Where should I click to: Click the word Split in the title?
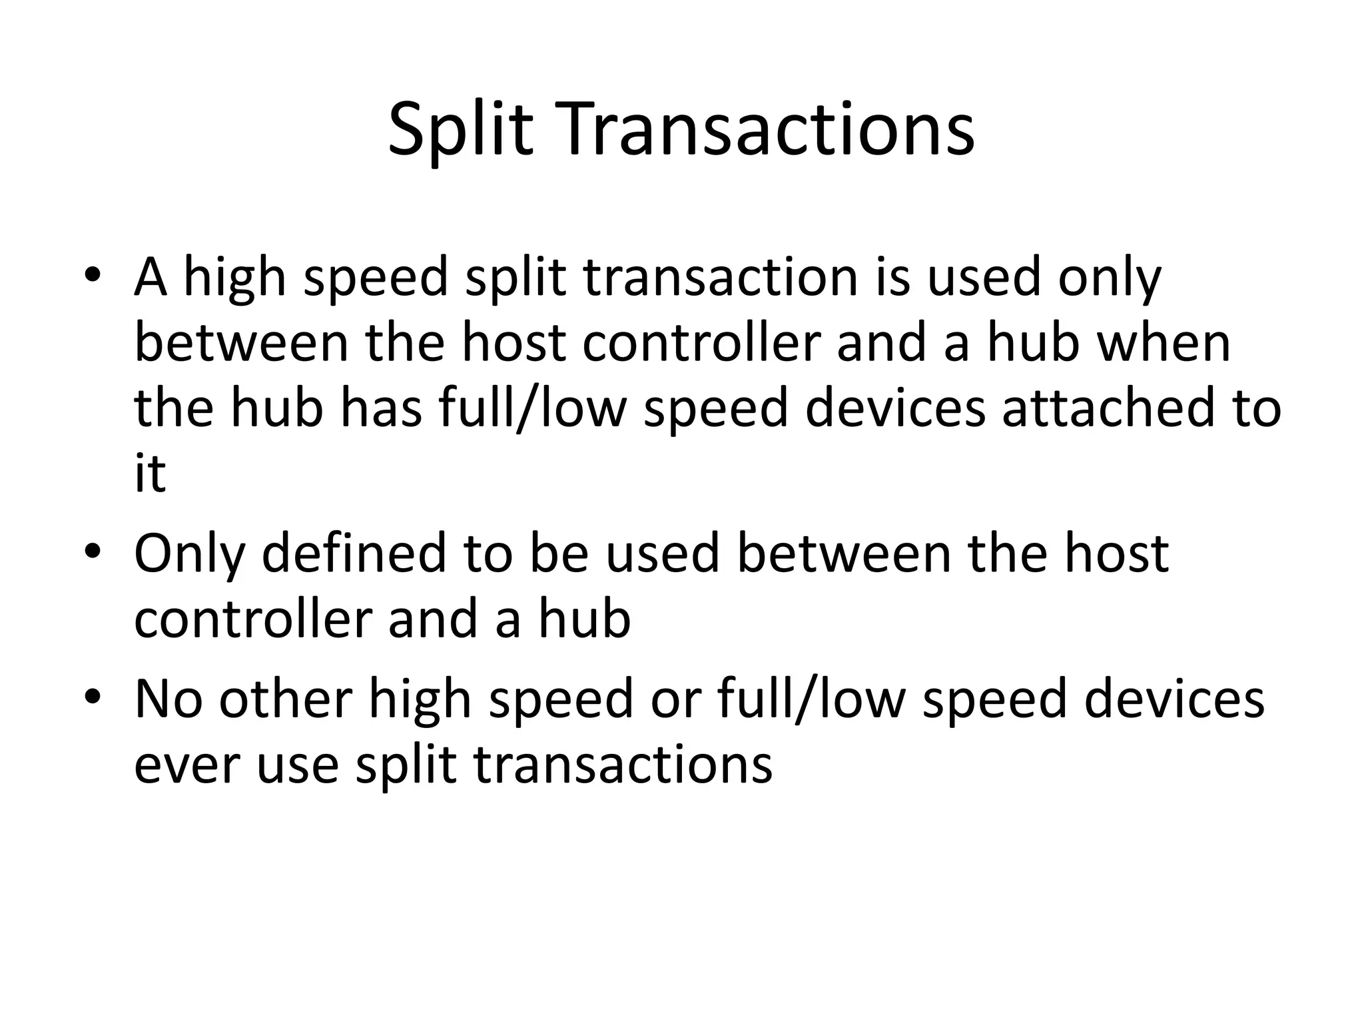[460, 130]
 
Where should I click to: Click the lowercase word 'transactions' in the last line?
[623, 765]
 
